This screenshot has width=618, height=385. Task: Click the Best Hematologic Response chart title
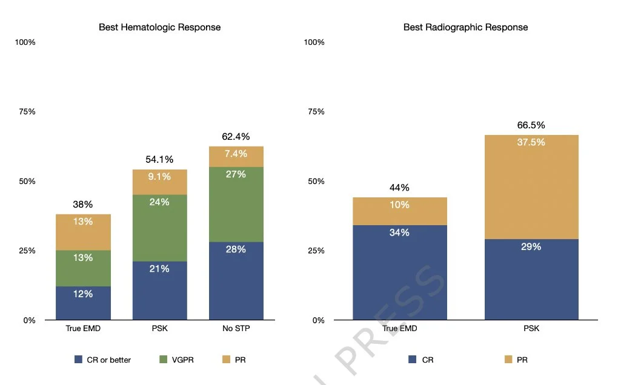(x=159, y=27)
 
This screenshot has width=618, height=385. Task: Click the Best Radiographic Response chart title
(x=465, y=27)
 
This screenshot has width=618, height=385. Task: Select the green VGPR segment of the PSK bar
(x=159, y=228)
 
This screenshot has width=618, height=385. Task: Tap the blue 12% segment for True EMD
(x=83, y=303)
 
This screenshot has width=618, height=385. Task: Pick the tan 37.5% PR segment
(x=531, y=187)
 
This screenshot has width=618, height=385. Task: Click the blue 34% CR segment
(x=399, y=272)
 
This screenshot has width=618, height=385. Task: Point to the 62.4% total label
(x=236, y=137)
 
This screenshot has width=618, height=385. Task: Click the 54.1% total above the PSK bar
(x=159, y=160)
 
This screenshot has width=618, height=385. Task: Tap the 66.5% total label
(x=531, y=125)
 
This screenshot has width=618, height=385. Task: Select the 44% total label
(x=399, y=188)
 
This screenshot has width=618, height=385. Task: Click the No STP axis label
(x=236, y=329)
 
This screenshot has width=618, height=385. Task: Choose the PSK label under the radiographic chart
(x=531, y=329)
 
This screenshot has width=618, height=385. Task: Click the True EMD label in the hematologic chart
(x=83, y=329)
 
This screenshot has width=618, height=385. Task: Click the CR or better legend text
(x=108, y=360)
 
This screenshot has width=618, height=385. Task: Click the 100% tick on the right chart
(x=314, y=42)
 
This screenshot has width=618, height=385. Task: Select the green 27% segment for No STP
(x=236, y=204)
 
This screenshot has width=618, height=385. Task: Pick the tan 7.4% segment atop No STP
(x=236, y=156)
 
